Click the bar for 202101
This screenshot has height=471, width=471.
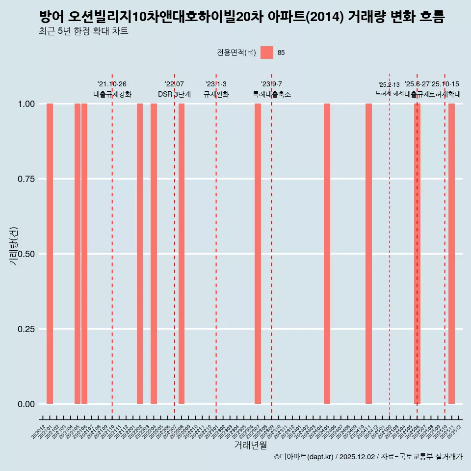click(x=50, y=254)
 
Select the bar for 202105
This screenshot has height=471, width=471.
click(x=78, y=254)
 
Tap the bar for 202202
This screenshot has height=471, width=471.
click(x=140, y=254)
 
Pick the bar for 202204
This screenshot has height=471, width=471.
click(x=154, y=254)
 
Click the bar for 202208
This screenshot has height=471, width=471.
click(x=182, y=254)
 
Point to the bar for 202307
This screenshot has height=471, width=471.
click(x=258, y=254)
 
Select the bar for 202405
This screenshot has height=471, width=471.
click(x=327, y=254)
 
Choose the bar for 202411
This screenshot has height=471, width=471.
click(x=368, y=254)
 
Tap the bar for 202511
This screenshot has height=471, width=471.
click(x=451, y=254)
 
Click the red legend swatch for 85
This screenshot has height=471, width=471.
click(x=267, y=52)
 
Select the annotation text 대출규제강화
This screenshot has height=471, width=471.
click(x=112, y=94)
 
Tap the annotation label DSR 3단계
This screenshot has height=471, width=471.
click(x=174, y=94)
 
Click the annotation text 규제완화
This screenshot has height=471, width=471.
click(x=216, y=94)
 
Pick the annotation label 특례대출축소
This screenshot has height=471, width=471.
click(x=272, y=94)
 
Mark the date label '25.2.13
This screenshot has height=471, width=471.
click(x=389, y=85)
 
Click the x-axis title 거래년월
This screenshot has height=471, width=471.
click(x=251, y=445)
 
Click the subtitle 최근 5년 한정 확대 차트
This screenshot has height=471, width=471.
click(x=83, y=31)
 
